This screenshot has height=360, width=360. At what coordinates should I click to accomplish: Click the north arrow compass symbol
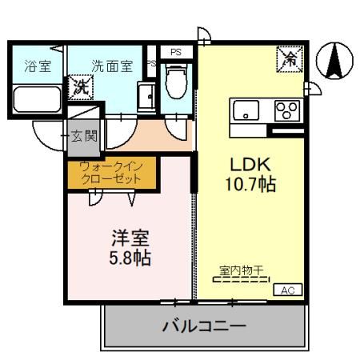334,61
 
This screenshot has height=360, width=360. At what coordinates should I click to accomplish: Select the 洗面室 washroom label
112,66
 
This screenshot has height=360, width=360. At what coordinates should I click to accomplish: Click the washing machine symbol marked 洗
81,86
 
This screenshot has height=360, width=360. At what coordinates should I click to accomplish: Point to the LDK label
247,164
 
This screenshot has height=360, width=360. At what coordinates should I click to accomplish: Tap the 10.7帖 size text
250,185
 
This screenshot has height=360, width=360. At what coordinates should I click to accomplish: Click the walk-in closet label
110,173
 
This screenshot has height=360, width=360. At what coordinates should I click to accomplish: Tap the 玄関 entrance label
82,136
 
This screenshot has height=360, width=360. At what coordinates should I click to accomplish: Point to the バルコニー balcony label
204,326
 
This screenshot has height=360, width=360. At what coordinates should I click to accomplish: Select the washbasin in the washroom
146,97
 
